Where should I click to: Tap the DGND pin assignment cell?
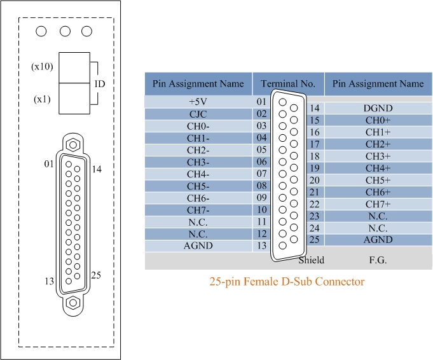[378, 108]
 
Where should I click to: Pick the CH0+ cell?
[378, 120]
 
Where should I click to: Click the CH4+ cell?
[378, 169]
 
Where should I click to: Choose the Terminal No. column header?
[288, 83]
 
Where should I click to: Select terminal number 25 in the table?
[313, 240]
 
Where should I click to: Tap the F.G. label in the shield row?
[378, 260]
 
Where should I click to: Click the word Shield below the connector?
[312, 260]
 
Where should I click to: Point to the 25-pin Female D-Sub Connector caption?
[287, 281]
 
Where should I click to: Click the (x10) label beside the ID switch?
[42, 67]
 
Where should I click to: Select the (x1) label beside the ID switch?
[44, 100]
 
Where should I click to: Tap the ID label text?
[99, 84]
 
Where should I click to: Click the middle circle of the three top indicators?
[65, 31]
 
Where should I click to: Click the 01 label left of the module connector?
[49, 164]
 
